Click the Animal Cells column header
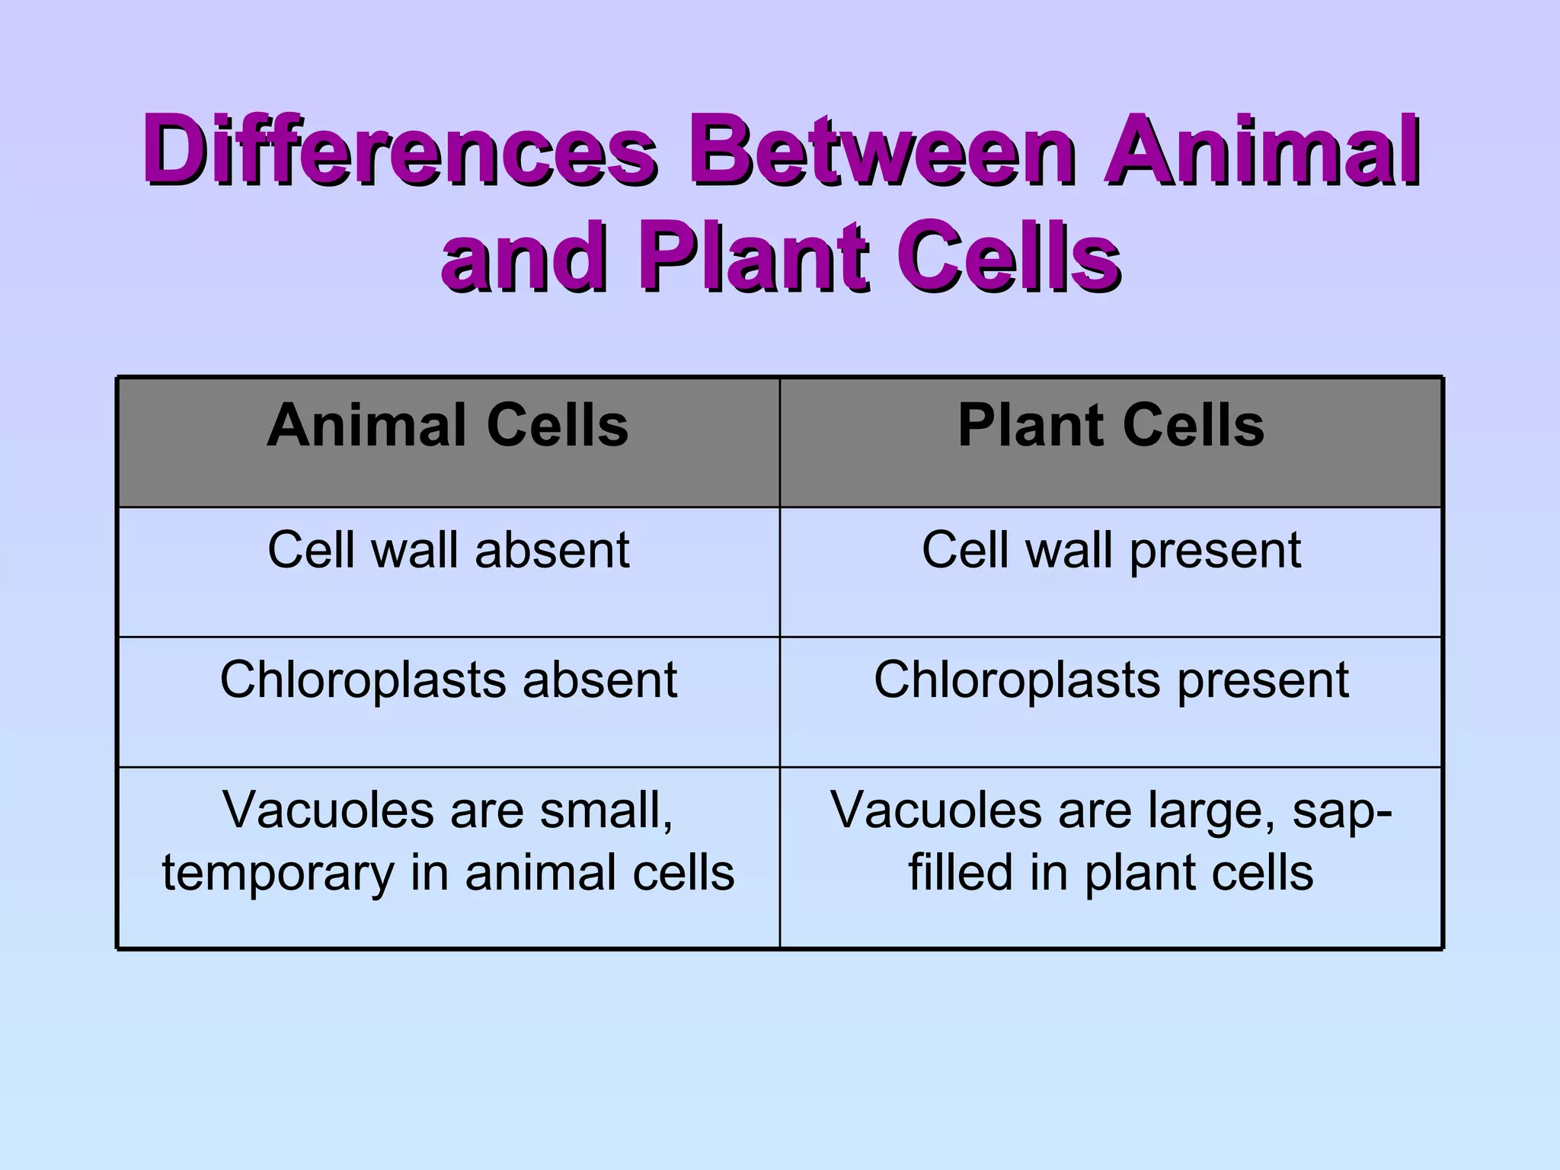(448, 425)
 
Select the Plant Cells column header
(1111, 425)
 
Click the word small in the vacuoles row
(606, 810)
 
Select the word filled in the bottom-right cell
(961, 873)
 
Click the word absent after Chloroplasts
(599, 679)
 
